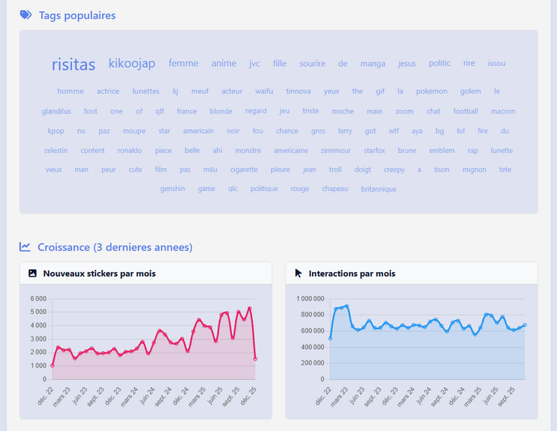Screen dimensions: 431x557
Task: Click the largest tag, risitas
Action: [73, 65]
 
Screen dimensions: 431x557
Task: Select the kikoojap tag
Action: [132, 64]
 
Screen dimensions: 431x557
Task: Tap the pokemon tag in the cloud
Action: [431, 91]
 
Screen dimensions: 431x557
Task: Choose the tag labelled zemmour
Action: [335, 151]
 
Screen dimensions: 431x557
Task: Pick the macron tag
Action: [503, 111]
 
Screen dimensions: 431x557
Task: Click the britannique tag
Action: [379, 189]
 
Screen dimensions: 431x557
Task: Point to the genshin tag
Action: [172, 189]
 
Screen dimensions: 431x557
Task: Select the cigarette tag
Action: [244, 170]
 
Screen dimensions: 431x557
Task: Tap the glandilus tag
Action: [56, 111]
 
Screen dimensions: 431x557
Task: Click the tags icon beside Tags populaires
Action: [26, 15]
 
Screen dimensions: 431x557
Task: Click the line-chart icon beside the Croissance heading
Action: [25, 247]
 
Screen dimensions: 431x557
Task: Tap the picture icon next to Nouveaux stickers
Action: [32, 274]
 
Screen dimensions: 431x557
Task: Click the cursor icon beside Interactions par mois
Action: [298, 274]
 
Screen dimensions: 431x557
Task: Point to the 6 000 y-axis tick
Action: [37, 299]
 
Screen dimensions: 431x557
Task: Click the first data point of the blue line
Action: [330, 338]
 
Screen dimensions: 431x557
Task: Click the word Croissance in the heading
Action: [63, 247]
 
